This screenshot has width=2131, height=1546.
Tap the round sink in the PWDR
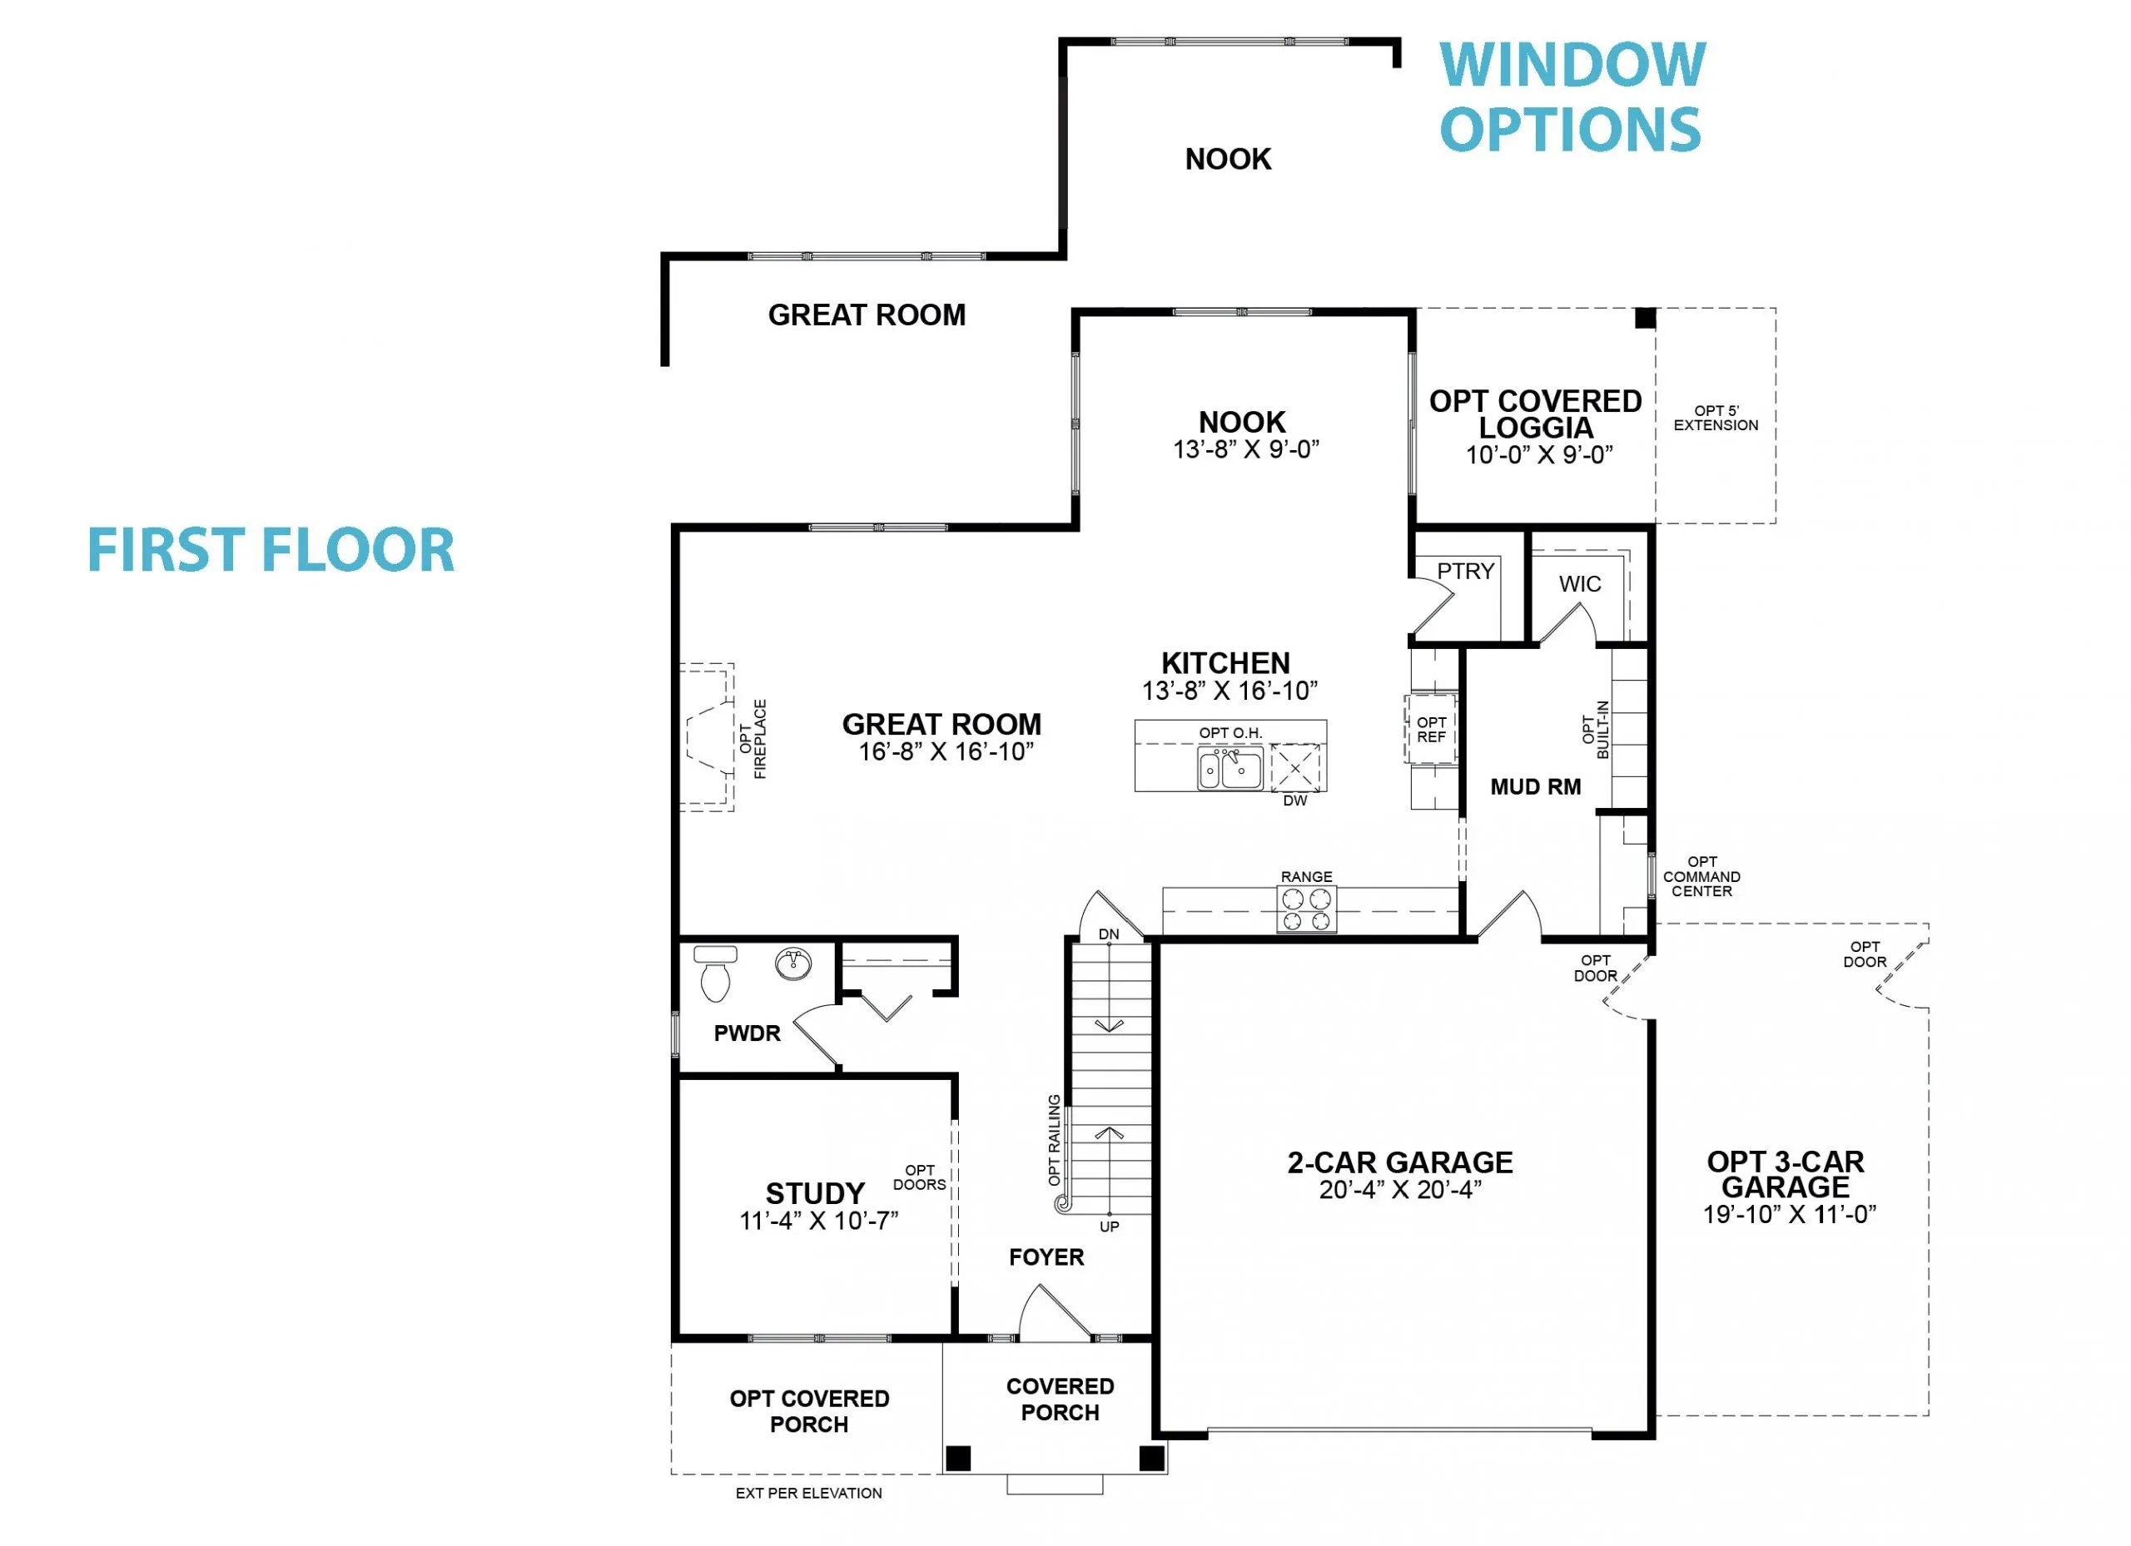(x=794, y=964)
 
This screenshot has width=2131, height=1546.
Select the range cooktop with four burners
(x=1306, y=909)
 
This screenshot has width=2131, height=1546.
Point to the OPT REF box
(x=1430, y=730)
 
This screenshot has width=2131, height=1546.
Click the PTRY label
(x=1465, y=571)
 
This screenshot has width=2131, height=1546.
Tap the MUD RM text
(x=1535, y=787)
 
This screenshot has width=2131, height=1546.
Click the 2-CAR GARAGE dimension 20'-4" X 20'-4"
(x=1400, y=1190)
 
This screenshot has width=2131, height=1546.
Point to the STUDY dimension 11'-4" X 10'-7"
(x=818, y=1221)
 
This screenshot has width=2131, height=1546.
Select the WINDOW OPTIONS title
(x=1572, y=97)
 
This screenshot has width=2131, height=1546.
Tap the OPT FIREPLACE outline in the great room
(x=707, y=737)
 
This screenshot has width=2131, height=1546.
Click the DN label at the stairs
(x=1109, y=934)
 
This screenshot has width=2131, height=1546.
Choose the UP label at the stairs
(x=1109, y=1226)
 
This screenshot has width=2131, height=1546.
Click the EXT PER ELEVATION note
(x=808, y=1494)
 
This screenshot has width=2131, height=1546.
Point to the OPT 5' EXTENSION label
(x=1716, y=418)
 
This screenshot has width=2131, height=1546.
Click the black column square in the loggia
(x=1644, y=318)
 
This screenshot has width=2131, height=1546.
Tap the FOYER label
(x=1046, y=1257)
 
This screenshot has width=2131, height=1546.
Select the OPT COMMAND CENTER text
(x=1701, y=876)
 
